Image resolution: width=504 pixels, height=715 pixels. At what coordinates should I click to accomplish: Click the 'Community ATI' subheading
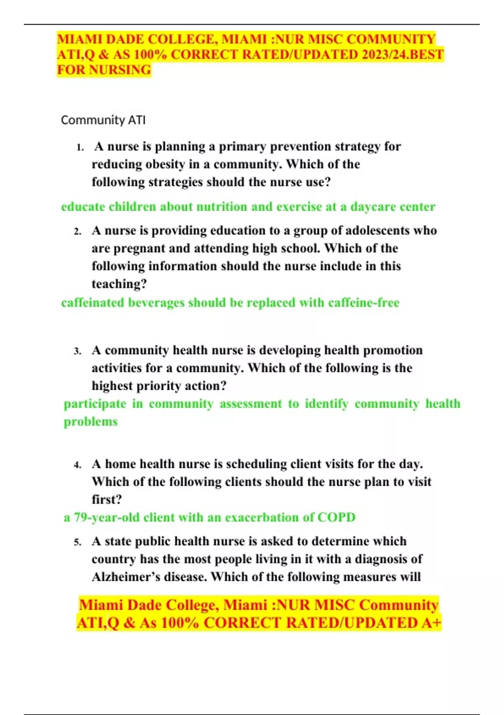pos(103,120)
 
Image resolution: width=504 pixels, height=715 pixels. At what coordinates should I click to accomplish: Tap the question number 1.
pos(80,148)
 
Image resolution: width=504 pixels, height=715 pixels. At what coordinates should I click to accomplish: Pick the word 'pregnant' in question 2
pos(139,249)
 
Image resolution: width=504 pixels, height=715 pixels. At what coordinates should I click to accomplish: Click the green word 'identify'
pos(326,404)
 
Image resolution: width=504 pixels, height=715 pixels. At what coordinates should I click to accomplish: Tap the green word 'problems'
pos(91,421)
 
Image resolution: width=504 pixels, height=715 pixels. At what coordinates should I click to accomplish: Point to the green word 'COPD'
pos(336,517)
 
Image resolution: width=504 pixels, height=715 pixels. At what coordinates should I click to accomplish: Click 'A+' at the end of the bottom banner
pos(431,623)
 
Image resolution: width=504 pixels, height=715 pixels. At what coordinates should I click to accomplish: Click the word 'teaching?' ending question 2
pos(119,284)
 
